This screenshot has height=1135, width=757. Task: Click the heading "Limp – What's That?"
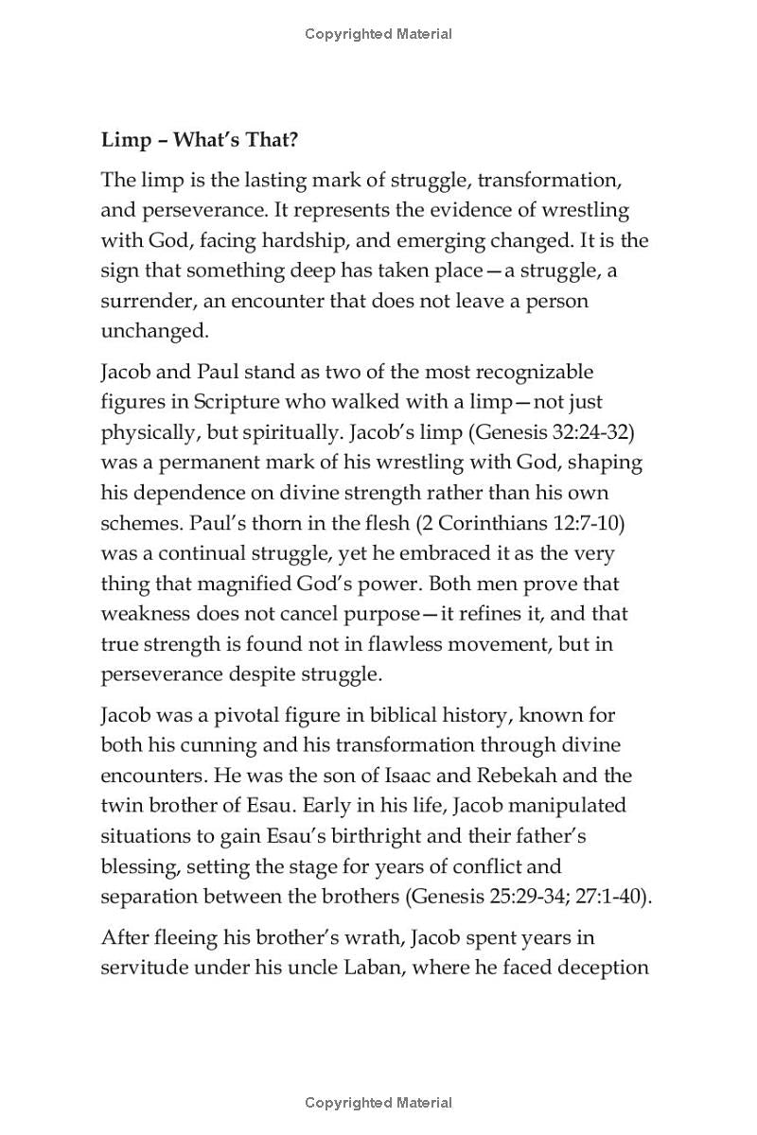click(200, 140)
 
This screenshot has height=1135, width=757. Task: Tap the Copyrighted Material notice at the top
click(378, 34)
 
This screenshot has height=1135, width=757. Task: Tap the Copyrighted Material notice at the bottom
click(378, 1102)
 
